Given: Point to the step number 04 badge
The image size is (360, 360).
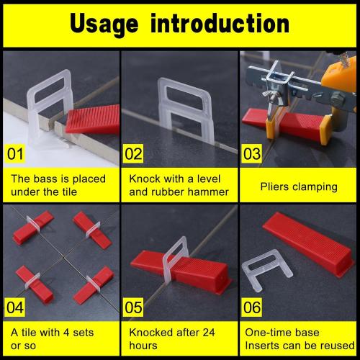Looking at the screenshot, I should coord(16,305).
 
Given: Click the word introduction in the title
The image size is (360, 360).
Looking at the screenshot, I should coord(224,23).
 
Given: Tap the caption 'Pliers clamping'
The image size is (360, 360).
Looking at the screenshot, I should coord(299,186).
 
